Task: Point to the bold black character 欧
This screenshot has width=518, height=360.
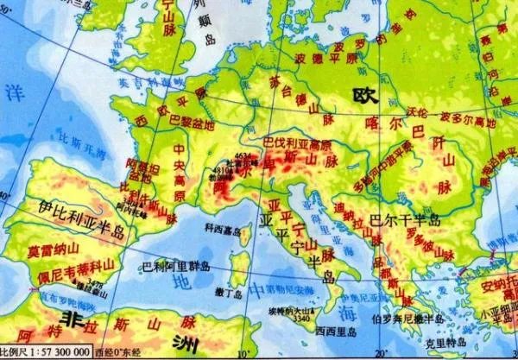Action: tap(361, 92)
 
